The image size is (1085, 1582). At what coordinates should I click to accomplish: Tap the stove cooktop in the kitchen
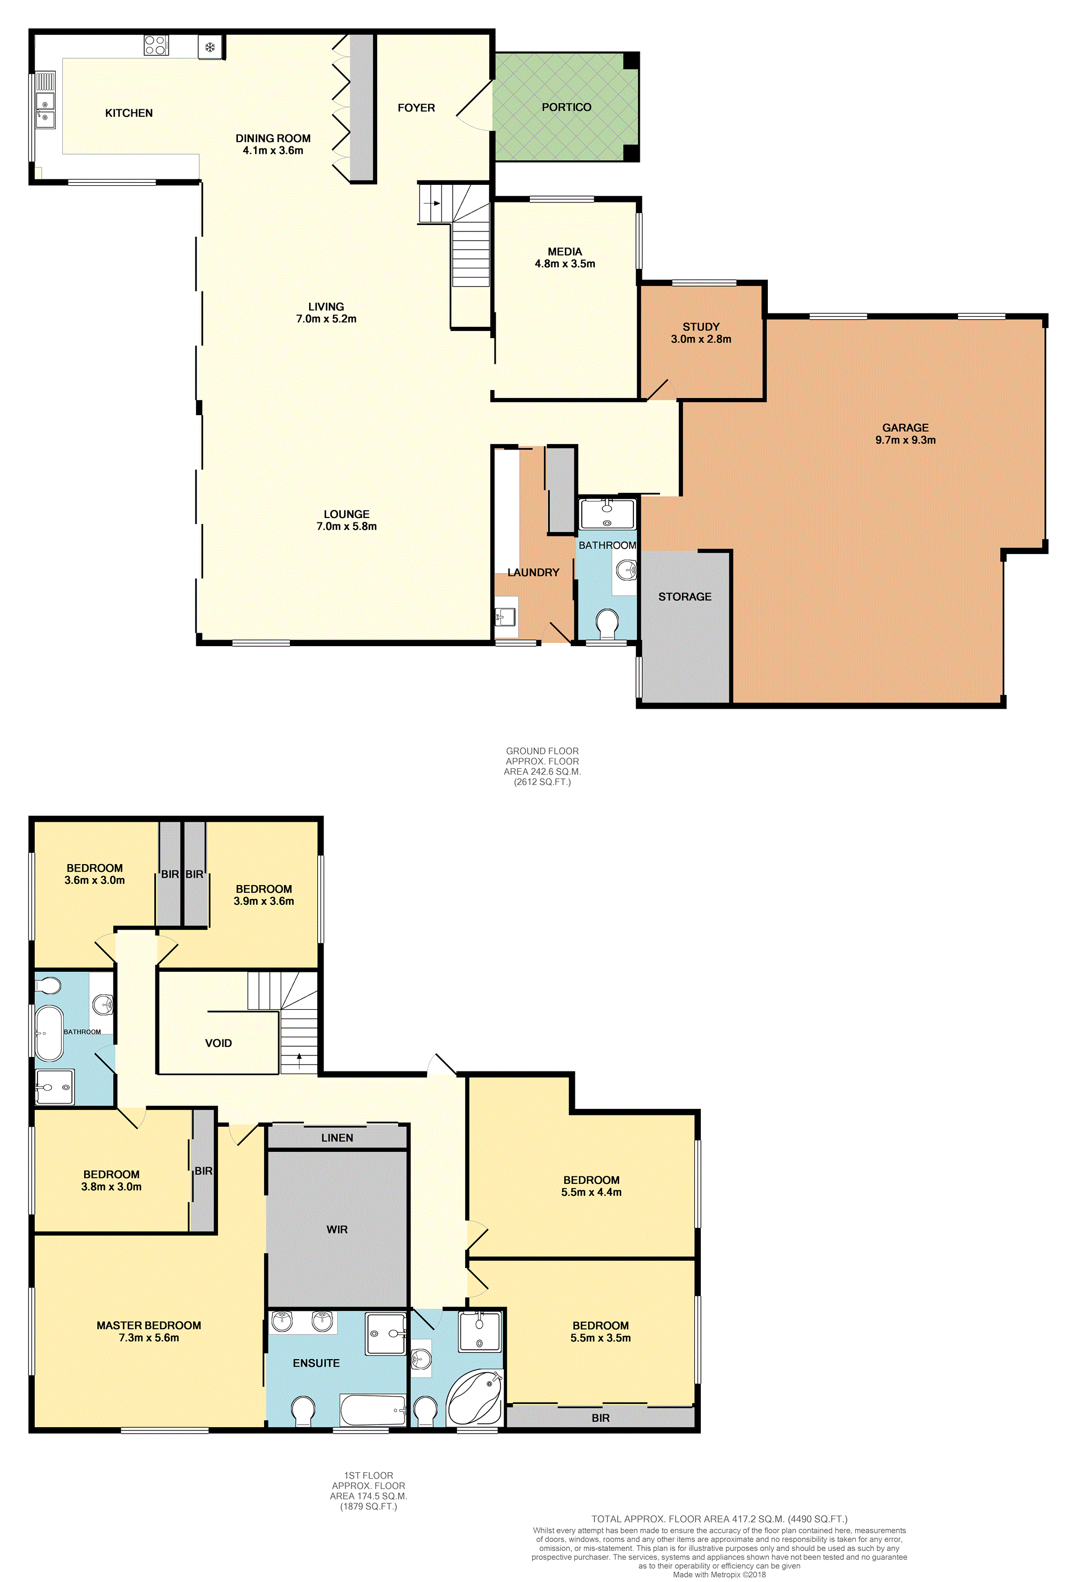156,45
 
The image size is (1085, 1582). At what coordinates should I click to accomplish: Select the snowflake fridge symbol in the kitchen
211,47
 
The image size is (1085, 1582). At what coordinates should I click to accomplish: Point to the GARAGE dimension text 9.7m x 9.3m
906,440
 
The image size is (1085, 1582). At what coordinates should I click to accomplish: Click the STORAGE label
685,596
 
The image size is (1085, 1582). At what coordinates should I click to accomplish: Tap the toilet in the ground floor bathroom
607,621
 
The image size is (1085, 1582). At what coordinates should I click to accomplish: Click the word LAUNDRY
533,573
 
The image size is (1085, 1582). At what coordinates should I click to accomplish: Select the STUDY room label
701,327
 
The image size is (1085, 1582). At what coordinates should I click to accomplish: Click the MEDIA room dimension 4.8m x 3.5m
565,264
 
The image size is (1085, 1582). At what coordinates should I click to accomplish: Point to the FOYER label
416,108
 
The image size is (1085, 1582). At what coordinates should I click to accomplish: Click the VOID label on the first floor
219,1043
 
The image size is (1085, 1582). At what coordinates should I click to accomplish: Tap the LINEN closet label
337,1137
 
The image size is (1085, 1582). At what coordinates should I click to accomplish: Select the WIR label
337,1229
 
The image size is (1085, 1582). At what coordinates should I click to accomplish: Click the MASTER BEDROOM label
148,1325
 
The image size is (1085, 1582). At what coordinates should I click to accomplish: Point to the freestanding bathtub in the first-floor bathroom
49,1033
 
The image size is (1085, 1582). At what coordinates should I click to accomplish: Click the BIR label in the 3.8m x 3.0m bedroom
204,1171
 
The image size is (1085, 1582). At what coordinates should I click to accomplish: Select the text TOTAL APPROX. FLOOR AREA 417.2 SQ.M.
719,1519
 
